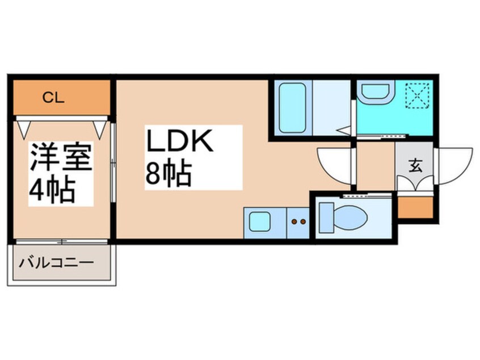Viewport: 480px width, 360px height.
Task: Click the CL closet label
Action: click(x=53, y=98)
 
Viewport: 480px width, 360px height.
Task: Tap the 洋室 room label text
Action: click(x=61, y=157)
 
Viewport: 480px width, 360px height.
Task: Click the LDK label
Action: click(x=180, y=141)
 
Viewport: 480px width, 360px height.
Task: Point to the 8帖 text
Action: click(x=169, y=173)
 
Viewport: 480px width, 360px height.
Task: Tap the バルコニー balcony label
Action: click(x=56, y=263)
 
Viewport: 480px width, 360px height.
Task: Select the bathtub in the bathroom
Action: click(x=292, y=107)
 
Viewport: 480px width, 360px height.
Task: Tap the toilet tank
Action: click(x=326, y=217)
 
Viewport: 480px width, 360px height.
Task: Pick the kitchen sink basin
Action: click(x=260, y=221)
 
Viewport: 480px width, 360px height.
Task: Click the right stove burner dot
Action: click(x=303, y=221)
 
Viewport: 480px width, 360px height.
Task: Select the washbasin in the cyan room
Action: click(x=374, y=90)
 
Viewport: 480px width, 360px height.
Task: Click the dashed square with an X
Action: click(x=418, y=95)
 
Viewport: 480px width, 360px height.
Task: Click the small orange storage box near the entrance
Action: click(x=415, y=207)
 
